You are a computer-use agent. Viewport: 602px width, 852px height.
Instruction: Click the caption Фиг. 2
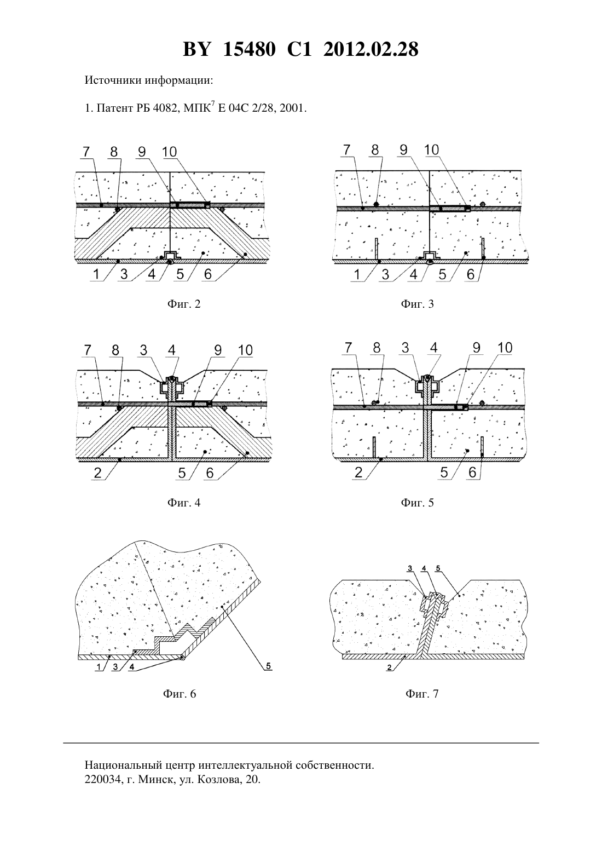(x=183, y=304)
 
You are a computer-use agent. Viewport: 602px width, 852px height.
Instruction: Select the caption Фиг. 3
(x=417, y=304)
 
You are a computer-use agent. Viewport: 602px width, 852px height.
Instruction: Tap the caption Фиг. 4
(x=183, y=503)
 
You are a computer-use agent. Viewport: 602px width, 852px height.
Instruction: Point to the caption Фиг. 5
(x=417, y=503)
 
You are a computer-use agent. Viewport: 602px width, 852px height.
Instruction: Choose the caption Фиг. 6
(x=180, y=694)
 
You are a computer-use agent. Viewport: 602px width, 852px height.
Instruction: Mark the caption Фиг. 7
(x=422, y=694)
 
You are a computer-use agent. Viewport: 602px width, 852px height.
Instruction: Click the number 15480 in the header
(x=249, y=50)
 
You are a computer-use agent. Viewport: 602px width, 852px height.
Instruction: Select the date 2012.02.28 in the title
(x=371, y=50)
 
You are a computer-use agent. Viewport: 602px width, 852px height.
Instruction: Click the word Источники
(x=113, y=80)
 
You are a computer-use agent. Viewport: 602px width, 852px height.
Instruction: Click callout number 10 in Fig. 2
(x=170, y=152)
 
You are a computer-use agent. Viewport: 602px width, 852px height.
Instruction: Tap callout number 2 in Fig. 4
(x=97, y=473)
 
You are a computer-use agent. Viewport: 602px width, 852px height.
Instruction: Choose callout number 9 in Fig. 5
(x=477, y=348)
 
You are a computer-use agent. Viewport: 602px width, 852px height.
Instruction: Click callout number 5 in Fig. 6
(x=268, y=666)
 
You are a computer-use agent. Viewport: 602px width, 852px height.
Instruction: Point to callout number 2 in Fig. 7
(x=389, y=667)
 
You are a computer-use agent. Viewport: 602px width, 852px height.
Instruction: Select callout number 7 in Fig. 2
(x=86, y=152)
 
